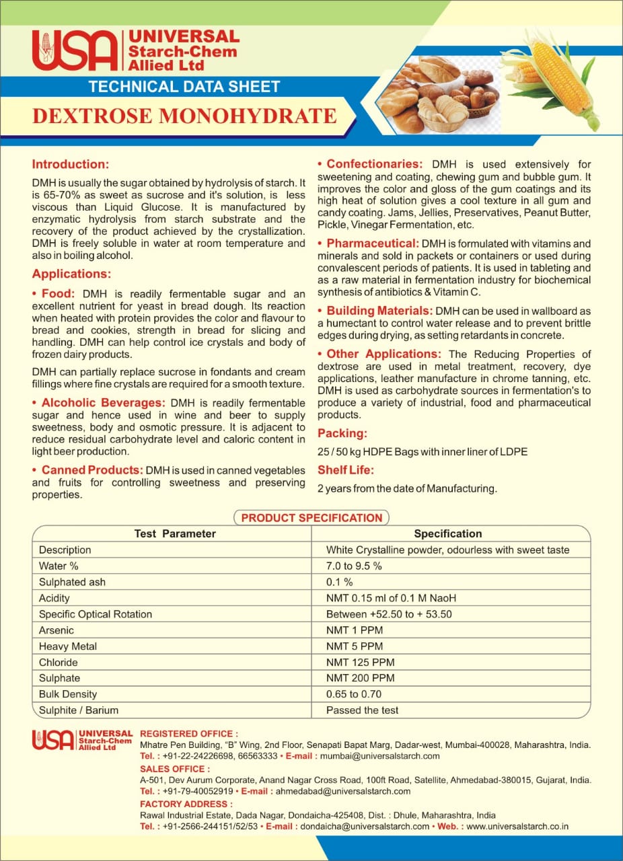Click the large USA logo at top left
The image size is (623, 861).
pos(74,50)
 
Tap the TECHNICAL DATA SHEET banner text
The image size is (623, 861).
pos(184,86)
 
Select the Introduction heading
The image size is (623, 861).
pos(71,164)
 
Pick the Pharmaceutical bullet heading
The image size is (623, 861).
pos(372,243)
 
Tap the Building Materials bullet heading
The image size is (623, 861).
pos(379,311)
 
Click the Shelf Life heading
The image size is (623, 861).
pos(346,470)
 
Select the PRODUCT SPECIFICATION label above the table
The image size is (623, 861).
pos(311,518)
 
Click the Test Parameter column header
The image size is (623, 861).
pos(175,533)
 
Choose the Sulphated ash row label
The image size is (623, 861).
pos(72,582)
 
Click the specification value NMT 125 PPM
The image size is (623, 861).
pos(361,662)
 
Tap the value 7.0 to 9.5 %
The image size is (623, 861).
pos(354,566)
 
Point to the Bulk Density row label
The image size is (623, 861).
pos(68,694)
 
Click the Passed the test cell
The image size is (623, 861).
pos(363,710)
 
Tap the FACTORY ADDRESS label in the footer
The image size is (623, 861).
pos(186,804)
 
